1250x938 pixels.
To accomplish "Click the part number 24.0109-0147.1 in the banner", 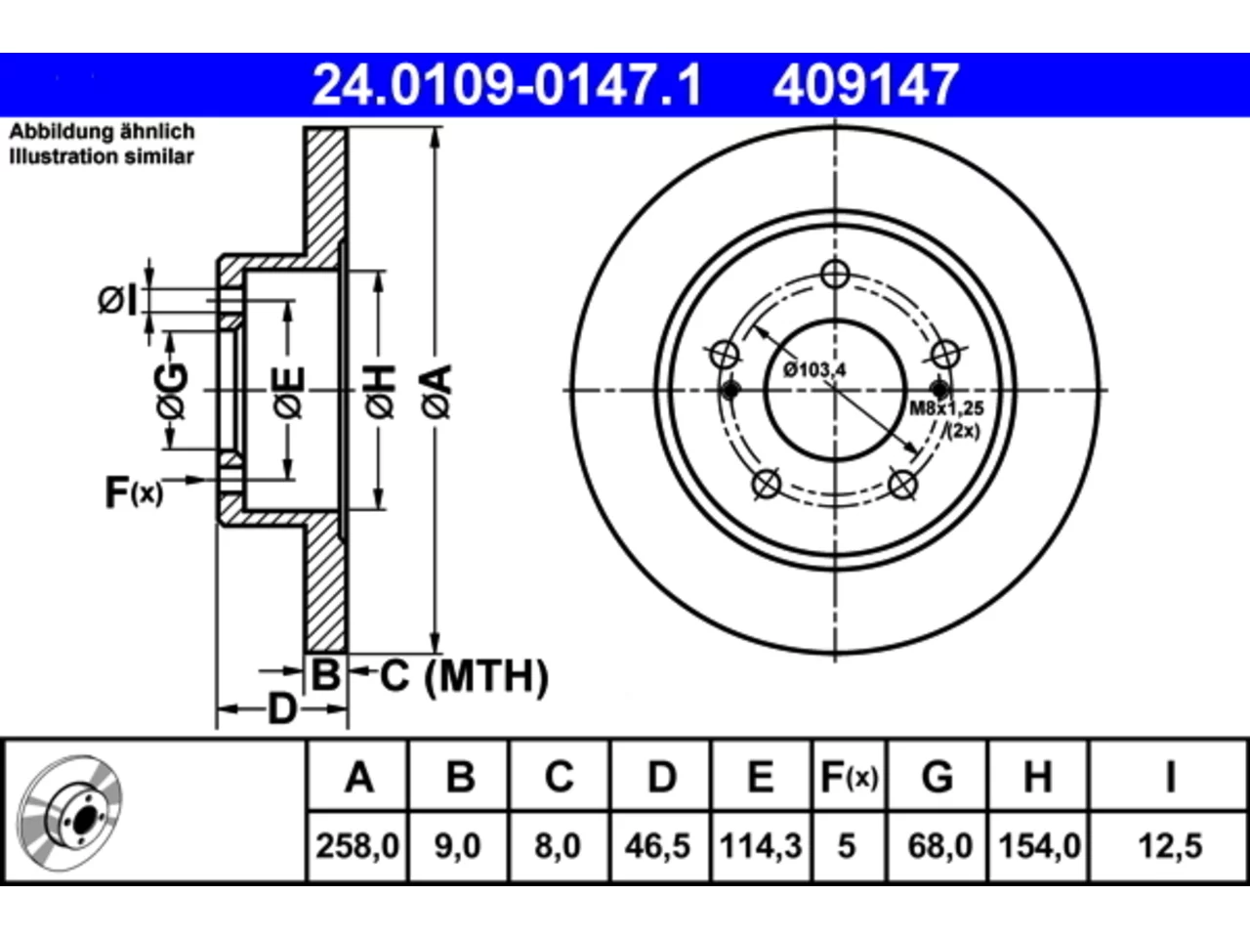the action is click(x=508, y=85).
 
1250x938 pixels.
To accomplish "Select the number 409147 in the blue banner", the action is click(x=865, y=85).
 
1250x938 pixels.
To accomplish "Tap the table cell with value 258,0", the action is click(x=357, y=846).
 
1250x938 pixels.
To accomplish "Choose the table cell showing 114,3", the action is click(x=761, y=846).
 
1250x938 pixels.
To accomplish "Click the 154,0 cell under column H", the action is click(x=1039, y=846).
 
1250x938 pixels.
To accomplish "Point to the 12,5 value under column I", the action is click(x=1170, y=846).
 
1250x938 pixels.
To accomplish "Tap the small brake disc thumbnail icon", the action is click(x=69, y=813).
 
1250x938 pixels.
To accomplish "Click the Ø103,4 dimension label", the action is click(x=814, y=370).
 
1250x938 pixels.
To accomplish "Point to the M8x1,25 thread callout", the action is click(x=946, y=408).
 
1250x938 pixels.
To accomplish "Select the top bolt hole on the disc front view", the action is click(x=835, y=274).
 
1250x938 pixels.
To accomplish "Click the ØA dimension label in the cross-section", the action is click(x=437, y=392).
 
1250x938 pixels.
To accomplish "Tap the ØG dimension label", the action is click(x=173, y=392).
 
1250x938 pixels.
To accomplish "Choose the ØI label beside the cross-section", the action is click(x=117, y=300).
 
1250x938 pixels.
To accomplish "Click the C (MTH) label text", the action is click(x=464, y=676).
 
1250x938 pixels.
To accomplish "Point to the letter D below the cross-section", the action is click(x=282, y=709).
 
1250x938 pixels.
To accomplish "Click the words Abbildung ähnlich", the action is click(x=102, y=132).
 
